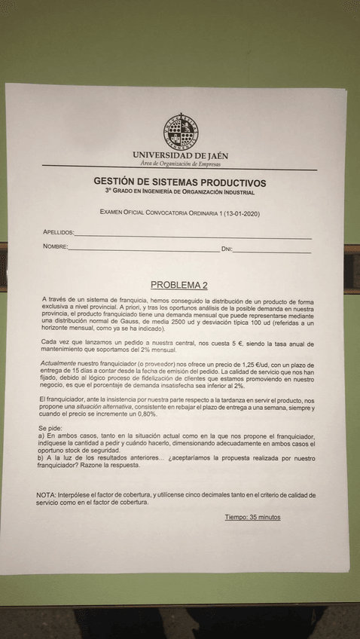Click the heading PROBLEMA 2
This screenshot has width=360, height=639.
(178, 285)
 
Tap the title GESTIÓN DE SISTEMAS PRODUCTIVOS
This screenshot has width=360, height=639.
(179, 182)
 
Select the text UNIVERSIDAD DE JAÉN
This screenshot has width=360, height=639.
(180, 155)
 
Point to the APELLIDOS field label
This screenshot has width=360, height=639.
(58, 233)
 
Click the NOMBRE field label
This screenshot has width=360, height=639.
(55, 247)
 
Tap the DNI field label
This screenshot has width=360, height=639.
(227, 249)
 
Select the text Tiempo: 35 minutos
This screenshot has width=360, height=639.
(252, 517)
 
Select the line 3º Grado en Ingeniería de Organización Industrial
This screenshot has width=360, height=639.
(179, 192)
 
